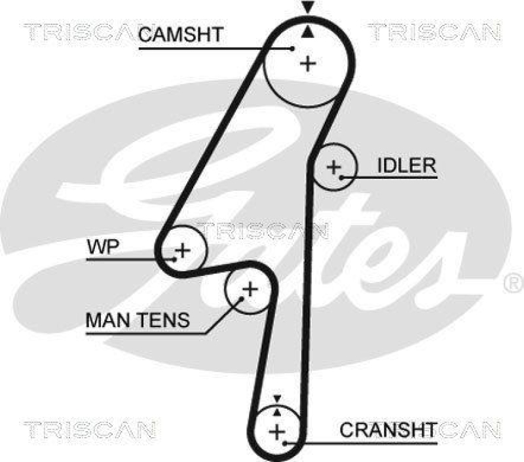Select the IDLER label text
coord(406,165)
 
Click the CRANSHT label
coord(388,430)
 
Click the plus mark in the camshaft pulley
coord(308,64)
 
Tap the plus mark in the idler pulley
coord(335,167)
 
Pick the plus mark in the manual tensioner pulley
coord(250,288)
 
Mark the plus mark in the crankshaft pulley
coord(278,432)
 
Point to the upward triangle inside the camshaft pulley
coord(307,30)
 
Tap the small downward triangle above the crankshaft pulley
coord(277,398)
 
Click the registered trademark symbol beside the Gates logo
coord(512,282)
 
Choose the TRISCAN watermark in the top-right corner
coord(434,30)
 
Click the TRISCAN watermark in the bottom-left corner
coord(90,430)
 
